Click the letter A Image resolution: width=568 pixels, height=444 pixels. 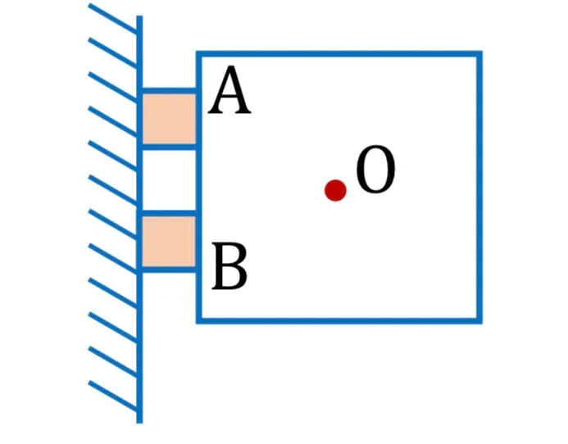229,91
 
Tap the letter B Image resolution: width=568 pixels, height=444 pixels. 229,266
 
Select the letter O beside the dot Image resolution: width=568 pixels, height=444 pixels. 375,169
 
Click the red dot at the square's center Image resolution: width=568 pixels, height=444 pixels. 335,190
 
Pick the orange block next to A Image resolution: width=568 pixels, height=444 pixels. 169,119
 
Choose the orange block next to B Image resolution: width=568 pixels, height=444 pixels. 169,242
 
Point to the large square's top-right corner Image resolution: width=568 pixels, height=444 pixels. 479,53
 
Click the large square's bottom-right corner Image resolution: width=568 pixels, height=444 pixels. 479,321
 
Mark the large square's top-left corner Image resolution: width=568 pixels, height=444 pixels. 198,53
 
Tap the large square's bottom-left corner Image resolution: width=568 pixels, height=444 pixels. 198,321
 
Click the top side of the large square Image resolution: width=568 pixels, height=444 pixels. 339,53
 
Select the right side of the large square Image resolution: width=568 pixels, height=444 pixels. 479,188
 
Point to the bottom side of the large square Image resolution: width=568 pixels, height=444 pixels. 339,321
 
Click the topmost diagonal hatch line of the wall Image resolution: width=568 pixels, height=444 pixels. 112,18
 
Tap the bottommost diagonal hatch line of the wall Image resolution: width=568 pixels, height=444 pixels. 112,396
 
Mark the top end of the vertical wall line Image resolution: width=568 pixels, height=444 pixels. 139,16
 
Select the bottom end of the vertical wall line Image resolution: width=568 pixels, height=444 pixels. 139,423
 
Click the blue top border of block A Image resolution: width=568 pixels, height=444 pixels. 169,91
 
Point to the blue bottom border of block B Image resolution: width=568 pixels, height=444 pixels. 169,270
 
